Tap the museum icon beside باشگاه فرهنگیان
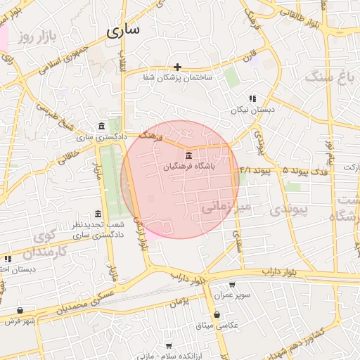coord(188,155)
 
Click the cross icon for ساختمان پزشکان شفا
coord(178,67)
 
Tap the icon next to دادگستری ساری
coord(103,127)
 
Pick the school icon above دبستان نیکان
coord(252,98)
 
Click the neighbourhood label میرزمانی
coord(225,207)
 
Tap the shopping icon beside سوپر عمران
coord(217,296)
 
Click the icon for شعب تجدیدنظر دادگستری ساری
coord(97,214)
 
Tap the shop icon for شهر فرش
coord(20,310)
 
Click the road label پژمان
coord(180,302)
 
